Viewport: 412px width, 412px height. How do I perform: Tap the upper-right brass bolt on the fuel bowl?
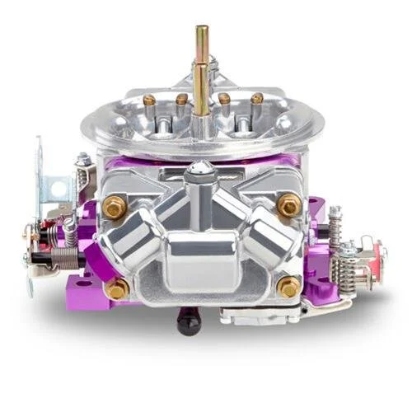(x=289, y=205)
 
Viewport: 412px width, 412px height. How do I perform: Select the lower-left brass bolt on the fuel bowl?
(x=118, y=288)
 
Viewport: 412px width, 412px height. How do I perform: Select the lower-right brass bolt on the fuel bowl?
(x=288, y=286)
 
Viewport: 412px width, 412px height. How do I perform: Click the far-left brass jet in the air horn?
(x=149, y=101)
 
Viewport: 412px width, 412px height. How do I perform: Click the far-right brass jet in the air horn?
(x=257, y=98)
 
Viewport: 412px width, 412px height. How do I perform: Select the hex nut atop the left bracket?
(x=82, y=160)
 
